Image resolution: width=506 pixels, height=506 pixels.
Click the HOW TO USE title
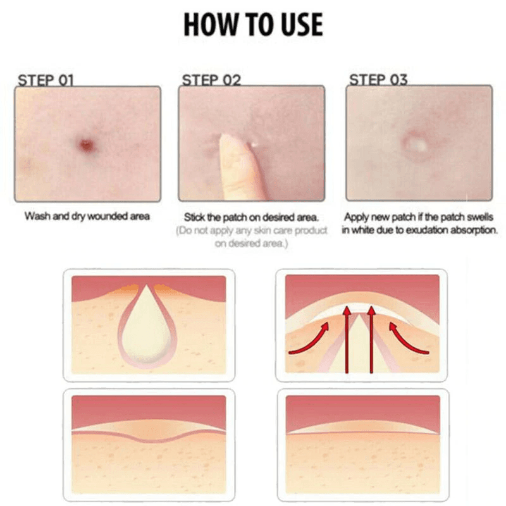(x=253, y=25)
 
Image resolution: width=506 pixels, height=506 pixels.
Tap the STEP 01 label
(x=46, y=80)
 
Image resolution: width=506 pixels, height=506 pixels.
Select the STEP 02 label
(x=211, y=80)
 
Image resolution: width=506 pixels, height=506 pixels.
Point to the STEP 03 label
(x=378, y=80)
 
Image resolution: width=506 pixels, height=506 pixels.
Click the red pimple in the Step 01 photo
(x=86, y=145)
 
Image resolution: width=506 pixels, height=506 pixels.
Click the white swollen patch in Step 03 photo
(x=416, y=144)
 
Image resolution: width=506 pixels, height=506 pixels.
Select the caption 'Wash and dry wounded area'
(x=87, y=216)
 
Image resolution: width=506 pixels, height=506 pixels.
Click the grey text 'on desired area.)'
(x=251, y=243)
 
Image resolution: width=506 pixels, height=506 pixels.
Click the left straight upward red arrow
(x=347, y=340)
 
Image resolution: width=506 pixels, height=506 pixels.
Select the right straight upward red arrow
(x=371, y=340)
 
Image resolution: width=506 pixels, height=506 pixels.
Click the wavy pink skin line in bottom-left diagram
(x=149, y=436)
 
